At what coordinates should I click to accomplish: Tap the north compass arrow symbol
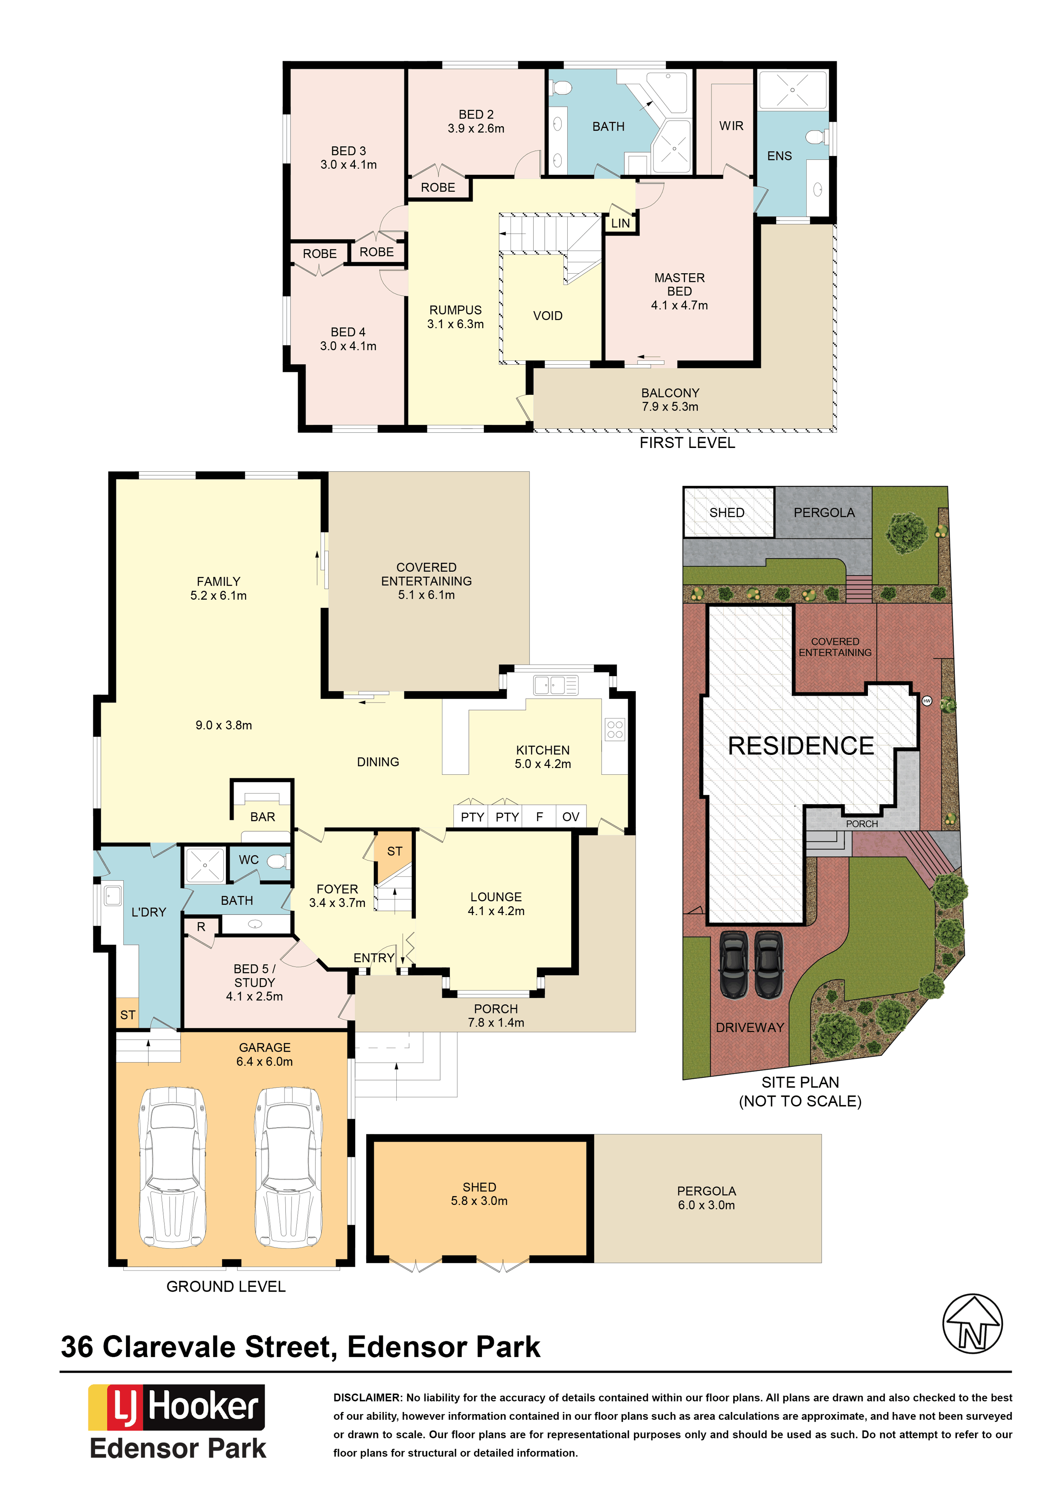point(972,1324)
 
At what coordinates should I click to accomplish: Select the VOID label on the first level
point(548,316)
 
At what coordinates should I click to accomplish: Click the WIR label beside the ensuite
point(731,126)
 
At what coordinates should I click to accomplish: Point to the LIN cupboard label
point(620,223)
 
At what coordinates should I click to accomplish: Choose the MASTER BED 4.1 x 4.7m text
point(680,292)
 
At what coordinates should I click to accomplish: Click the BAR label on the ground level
point(263,816)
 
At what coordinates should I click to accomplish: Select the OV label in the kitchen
point(571,816)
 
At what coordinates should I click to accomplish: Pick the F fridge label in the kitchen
point(539,816)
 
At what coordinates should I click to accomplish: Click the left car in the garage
point(172,1167)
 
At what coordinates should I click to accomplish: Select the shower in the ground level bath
point(205,865)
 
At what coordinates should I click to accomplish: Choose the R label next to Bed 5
point(201,927)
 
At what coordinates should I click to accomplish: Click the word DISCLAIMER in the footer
point(366,1397)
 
